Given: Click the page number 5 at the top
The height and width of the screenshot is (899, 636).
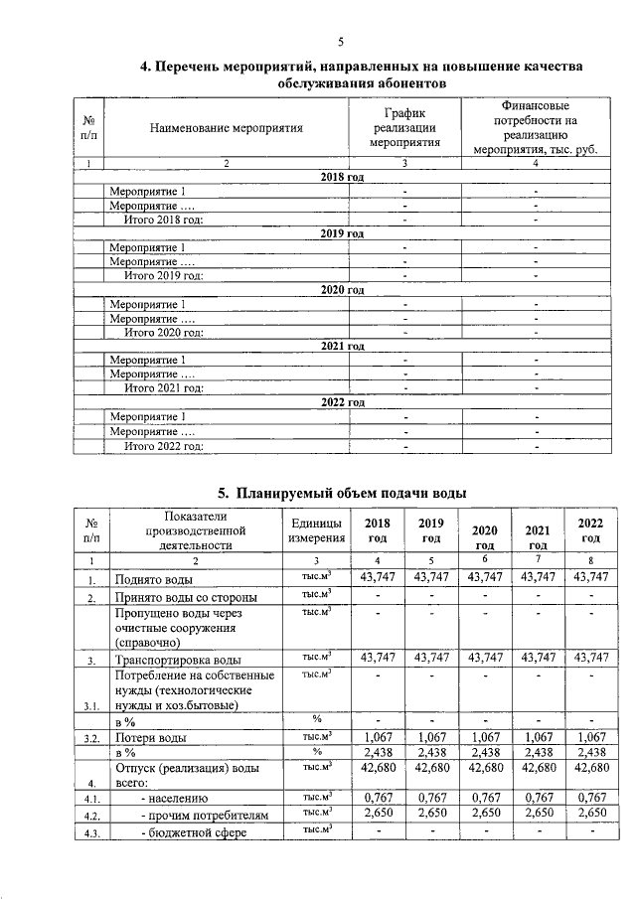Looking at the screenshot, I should (x=340, y=41).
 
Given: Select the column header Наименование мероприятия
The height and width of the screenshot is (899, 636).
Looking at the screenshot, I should (x=226, y=128).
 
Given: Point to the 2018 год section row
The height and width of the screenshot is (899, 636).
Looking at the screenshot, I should (x=343, y=176).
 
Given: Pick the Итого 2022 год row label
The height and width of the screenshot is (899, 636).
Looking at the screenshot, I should (x=163, y=446).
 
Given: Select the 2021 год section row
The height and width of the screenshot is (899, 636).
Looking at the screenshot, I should (x=343, y=346).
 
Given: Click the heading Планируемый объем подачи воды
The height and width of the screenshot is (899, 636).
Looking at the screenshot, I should (x=342, y=493).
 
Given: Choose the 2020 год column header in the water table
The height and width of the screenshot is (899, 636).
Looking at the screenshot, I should (x=484, y=537).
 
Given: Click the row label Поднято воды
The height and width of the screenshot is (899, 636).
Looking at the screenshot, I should (x=150, y=578).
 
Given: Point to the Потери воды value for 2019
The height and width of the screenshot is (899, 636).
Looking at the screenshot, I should (x=430, y=737).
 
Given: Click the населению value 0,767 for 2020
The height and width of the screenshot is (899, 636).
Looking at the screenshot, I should (x=484, y=796).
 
